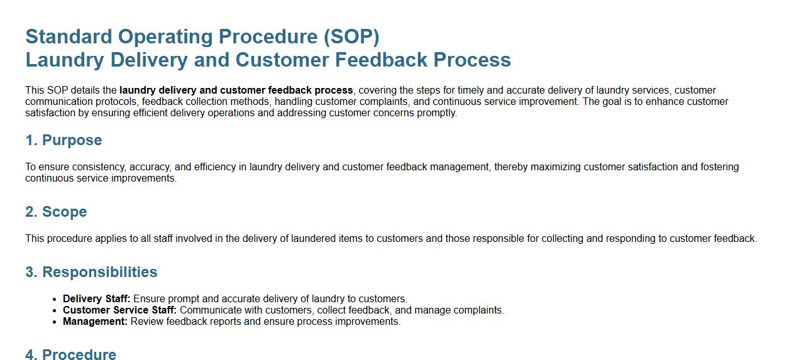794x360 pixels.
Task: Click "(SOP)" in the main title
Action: [x=351, y=36]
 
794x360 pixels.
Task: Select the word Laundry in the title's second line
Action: [x=65, y=60]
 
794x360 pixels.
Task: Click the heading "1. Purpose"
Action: [x=63, y=140]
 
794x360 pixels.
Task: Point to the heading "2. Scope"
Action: [x=56, y=212]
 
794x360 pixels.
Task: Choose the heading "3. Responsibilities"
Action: [x=91, y=272]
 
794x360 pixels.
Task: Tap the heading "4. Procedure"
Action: [x=71, y=354]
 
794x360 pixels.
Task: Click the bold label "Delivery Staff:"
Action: [x=97, y=298]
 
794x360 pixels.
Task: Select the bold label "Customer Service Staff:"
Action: [x=120, y=310]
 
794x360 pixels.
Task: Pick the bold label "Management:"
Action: [x=95, y=322]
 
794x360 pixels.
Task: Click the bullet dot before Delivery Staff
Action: [x=54, y=300]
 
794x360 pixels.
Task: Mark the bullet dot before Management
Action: [x=54, y=322]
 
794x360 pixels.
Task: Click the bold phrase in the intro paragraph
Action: [x=236, y=90]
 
